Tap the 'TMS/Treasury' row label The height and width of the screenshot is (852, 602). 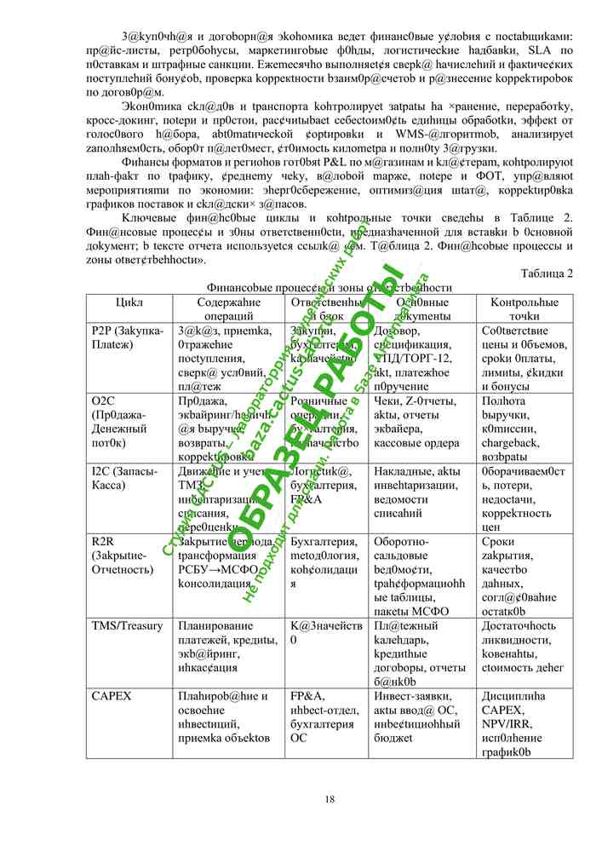(127, 626)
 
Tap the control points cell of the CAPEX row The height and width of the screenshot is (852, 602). (523, 723)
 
